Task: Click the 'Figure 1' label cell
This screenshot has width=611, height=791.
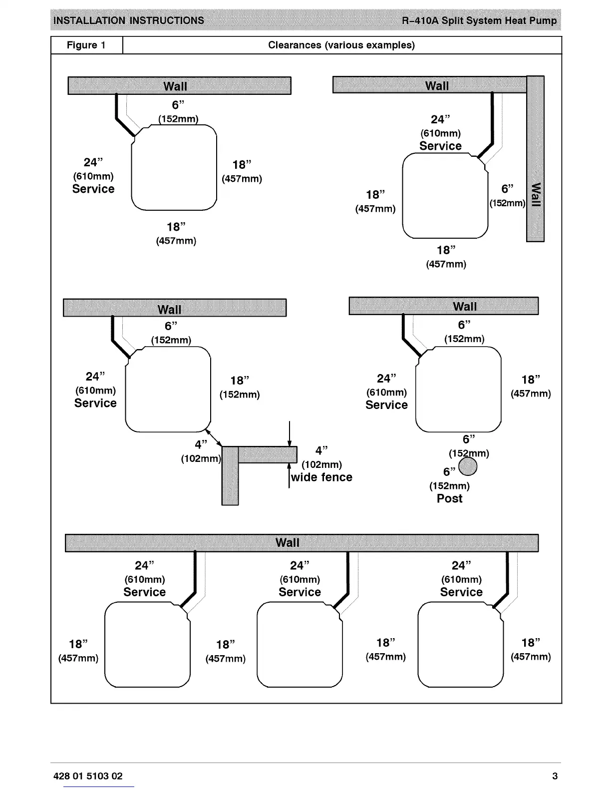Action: [86, 45]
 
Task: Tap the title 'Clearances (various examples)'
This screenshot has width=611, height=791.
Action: [341, 45]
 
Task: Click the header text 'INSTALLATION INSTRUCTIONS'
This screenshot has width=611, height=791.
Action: [129, 21]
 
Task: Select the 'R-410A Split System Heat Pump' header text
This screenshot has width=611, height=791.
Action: [479, 21]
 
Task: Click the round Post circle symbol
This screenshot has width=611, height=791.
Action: [468, 467]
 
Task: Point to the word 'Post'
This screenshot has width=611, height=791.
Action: [449, 498]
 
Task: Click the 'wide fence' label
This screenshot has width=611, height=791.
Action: [321, 477]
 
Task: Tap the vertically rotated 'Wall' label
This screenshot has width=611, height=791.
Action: [536, 195]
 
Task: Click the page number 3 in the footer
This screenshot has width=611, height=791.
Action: [555, 776]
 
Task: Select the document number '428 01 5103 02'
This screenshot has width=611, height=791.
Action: [88, 776]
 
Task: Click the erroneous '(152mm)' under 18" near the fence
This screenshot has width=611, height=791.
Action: [240, 395]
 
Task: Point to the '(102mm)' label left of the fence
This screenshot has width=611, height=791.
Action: [201, 458]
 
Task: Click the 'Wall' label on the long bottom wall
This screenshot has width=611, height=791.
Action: [288, 543]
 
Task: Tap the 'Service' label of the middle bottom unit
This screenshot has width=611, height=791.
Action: [300, 592]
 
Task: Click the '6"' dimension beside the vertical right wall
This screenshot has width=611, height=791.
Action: [507, 189]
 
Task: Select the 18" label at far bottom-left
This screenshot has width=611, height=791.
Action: [78, 644]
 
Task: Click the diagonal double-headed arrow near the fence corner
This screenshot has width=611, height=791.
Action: [214, 437]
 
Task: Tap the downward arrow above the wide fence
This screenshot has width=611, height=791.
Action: [290, 434]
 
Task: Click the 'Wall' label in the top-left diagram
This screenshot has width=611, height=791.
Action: [175, 86]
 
